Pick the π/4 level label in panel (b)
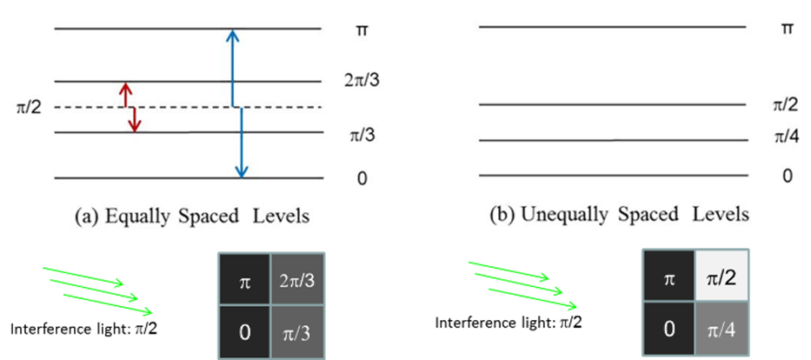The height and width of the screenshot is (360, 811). point(784,137)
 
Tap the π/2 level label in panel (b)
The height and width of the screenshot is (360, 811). point(784,104)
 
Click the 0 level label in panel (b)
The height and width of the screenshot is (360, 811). point(787,177)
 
